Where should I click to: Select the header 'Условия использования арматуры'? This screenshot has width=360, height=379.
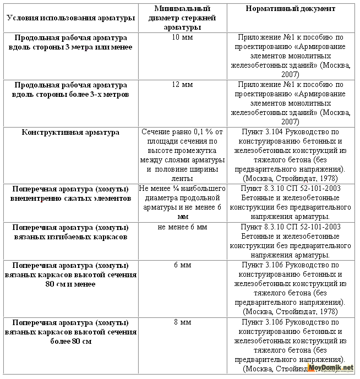(x=70, y=18)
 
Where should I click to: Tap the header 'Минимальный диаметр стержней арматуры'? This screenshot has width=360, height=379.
(x=182, y=18)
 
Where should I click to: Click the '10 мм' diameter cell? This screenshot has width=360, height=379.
(x=182, y=38)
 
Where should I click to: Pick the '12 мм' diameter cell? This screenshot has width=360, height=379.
(x=182, y=85)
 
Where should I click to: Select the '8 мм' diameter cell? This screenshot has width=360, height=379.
(x=182, y=322)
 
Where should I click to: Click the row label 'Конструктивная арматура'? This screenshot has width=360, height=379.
(x=70, y=133)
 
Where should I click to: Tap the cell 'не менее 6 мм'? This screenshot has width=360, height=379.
(x=182, y=227)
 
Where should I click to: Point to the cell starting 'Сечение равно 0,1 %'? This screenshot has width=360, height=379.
(x=182, y=155)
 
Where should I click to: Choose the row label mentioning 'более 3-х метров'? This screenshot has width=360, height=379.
(x=70, y=90)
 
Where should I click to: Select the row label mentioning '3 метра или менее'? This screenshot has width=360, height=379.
(x=70, y=42)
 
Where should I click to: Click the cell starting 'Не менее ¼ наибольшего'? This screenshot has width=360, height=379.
(x=182, y=202)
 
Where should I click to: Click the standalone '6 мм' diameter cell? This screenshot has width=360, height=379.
(x=182, y=265)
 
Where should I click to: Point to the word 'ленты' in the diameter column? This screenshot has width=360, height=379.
(x=182, y=178)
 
